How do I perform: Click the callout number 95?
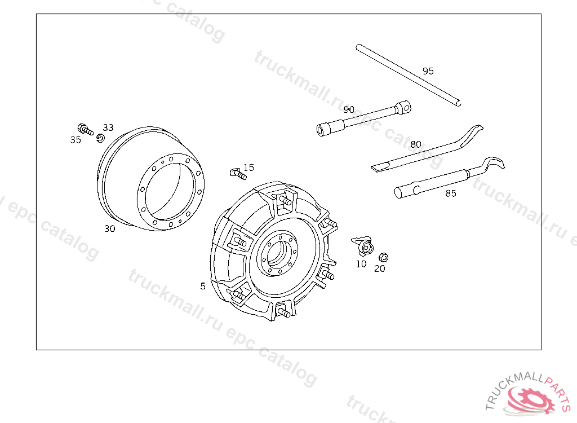pos(428,70)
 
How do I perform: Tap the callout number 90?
pos(348,109)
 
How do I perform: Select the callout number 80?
pos(415,144)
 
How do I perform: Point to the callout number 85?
pos(450,193)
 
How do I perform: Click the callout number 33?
pos(108,127)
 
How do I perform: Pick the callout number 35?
pos(76,140)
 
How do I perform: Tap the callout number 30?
pos(110,228)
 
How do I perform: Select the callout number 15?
pos(248,168)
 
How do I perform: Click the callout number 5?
pos(203,286)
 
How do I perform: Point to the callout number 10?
pos(361,264)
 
